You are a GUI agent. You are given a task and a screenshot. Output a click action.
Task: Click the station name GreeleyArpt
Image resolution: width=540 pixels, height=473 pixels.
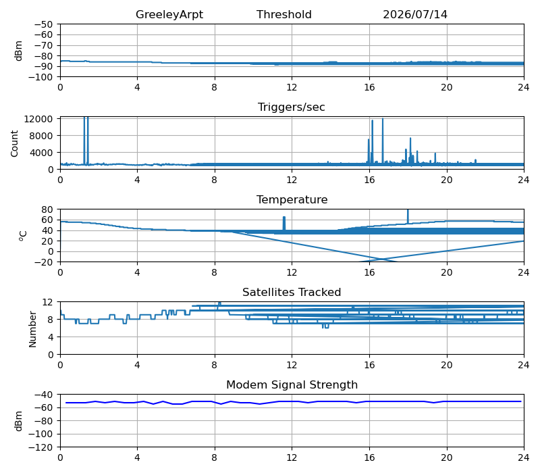(169, 14)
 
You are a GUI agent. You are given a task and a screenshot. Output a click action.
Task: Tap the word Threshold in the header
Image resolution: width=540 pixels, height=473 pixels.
(283, 14)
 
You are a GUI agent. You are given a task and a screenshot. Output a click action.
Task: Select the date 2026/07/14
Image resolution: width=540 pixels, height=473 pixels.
(415, 14)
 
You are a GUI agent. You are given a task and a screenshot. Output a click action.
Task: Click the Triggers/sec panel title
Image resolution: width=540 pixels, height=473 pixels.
(292, 107)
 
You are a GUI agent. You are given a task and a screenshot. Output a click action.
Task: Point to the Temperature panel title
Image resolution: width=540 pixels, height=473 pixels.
(292, 199)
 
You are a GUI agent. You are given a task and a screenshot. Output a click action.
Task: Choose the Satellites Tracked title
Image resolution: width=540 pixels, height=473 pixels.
(292, 292)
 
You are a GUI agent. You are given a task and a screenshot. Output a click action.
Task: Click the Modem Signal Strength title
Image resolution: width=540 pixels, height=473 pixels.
(292, 384)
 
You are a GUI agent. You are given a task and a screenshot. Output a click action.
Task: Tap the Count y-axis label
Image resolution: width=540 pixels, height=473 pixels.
(14, 143)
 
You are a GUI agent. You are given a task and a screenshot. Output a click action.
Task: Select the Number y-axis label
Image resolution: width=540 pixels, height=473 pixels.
(32, 329)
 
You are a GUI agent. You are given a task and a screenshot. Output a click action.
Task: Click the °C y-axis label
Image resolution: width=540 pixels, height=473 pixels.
(22, 235)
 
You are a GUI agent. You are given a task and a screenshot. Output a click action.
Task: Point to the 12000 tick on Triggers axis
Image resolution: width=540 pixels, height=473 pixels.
(38, 119)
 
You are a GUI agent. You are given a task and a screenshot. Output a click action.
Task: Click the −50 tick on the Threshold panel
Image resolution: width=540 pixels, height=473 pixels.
(43, 24)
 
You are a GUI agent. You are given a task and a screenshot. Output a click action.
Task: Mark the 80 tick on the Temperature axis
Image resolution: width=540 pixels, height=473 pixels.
(47, 209)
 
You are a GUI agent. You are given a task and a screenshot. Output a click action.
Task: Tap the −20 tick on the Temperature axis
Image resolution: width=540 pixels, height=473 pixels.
(43, 262)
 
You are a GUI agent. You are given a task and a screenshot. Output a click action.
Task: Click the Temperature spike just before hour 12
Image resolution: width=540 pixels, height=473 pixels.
(284, 223)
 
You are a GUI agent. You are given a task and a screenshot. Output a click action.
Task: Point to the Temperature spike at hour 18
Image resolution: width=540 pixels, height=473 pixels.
(408, 216)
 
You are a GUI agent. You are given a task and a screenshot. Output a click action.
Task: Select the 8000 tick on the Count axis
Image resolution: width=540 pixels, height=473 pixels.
(41, 136)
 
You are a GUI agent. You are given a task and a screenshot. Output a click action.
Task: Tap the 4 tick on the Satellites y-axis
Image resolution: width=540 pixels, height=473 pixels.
(50, 337)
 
